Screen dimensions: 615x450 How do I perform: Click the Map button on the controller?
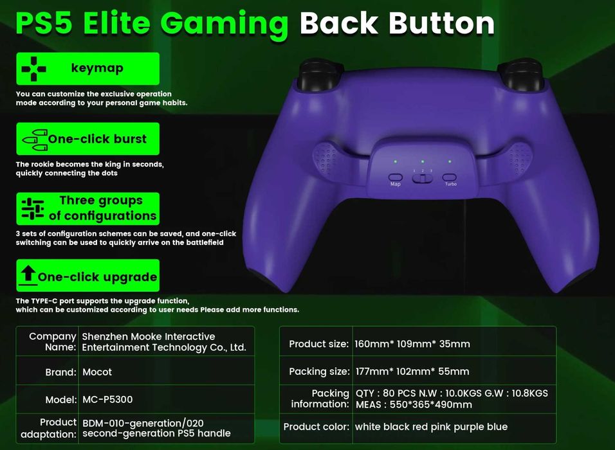point(396,177)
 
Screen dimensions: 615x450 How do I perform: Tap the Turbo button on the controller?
point(450,177)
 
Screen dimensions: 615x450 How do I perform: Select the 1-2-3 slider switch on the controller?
point(423,178)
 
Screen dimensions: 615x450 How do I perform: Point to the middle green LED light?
point(423,161)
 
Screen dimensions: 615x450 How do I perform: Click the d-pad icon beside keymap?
point(33,69)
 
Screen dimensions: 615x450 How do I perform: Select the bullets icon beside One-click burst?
point(35,140)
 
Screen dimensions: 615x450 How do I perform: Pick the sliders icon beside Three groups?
point(33,208)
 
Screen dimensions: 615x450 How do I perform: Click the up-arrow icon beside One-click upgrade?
point(28,274)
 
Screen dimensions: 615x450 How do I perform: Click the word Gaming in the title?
point(225,24)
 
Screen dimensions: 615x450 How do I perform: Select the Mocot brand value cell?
point(97,372)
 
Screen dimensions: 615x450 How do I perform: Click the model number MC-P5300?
point(107,399)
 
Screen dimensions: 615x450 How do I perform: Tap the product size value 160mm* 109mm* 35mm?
point(412,344)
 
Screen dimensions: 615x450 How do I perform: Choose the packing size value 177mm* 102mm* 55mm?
point(412,371)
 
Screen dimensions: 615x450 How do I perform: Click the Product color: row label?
point(316,426)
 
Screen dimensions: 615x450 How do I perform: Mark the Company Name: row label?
point(53,342)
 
